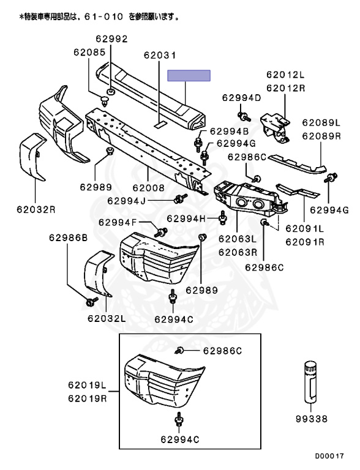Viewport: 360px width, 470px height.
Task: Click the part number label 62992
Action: click(x=111, y=39)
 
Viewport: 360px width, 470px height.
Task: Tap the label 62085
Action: click(x=90, y=53)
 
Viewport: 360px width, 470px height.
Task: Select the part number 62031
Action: click(x=160, y=55)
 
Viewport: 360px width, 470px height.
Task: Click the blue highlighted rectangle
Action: click(x=189, y=75)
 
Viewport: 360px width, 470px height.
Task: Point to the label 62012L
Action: click(x=285, y=74)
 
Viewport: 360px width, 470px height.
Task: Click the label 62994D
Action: click(x=241, y=98)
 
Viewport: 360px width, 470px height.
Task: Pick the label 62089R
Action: click(x=321, y=136)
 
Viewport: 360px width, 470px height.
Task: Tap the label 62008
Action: click(x=149, y=188)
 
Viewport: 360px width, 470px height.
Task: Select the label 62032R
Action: click(x=36, y=209)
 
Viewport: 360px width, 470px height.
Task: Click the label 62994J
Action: click(x=126, y=201)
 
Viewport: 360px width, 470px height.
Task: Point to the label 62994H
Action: click(x=186, y=218)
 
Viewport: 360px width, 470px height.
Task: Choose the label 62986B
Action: click(x=69, y=237)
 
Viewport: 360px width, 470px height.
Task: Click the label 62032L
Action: click(x=107, y=318)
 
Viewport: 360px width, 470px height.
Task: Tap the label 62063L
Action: click(x=238, y=239)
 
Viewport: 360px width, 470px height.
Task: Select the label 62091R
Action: click(x=305, y=242)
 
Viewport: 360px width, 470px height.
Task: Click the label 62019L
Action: click(x=88, y=385)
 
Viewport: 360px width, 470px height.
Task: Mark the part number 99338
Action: click(x=312, y=419)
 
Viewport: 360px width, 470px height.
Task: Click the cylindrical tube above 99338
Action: click(x=311, y=382)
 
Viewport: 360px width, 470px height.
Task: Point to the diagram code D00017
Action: click(x=329, y=456)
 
